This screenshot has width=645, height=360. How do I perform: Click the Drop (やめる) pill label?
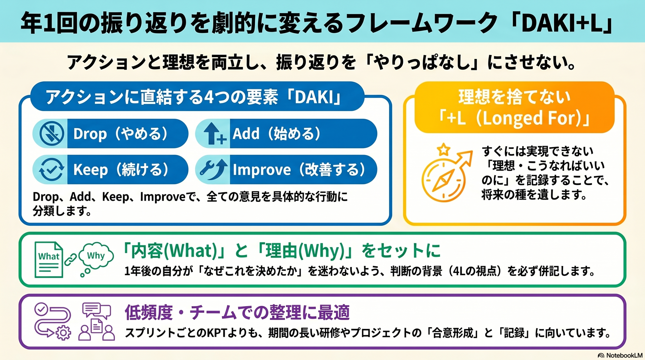point(121,134)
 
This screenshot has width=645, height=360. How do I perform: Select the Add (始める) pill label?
point(277,134)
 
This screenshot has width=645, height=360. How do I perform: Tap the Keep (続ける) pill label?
point(121,170)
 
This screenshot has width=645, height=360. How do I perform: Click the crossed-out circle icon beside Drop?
point(52,134)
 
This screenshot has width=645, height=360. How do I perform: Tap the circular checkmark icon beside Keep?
point(52,170)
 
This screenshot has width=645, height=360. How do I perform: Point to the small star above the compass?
point(443,150)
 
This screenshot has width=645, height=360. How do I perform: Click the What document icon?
point(49,260)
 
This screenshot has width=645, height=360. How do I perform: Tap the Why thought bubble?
point(96,256)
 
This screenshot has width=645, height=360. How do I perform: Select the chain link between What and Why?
point(71,260)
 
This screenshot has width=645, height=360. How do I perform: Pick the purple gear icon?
point(63,333)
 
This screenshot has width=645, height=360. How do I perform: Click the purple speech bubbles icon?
point(97,310)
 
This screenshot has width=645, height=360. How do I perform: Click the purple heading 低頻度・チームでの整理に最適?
point(237,312)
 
